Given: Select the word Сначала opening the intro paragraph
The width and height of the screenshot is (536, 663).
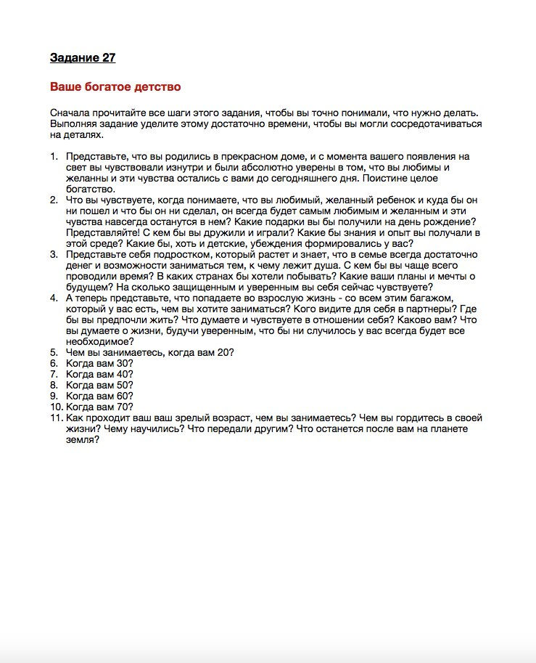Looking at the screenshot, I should [x=70, y=113].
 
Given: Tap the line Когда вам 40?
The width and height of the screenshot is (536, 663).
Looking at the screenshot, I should [x=99, y=375].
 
